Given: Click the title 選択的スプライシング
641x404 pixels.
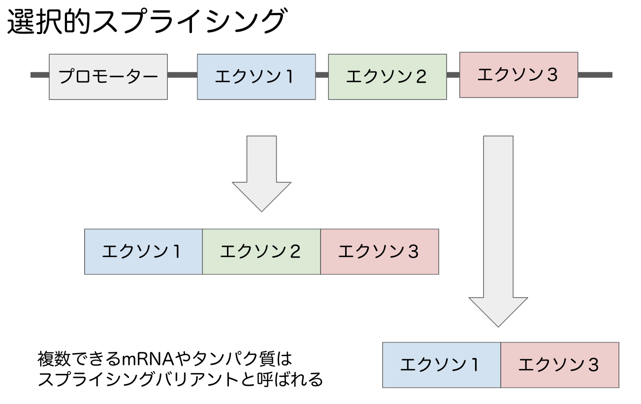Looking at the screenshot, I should pyautogui.click(x=146, y=22).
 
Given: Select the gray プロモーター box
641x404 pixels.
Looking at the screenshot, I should pyautogui.click(x=108, y=77).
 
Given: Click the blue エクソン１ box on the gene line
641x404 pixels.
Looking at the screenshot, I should pyautogui.click(x=256, y=77).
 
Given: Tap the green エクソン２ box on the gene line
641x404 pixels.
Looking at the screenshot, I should pyautogui.click(x=387, y=77).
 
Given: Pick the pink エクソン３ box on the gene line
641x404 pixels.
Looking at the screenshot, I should pyautogui.click(x=518, y=75).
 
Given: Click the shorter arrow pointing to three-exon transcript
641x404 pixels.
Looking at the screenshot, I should pyautogui.click(x=261, y=172).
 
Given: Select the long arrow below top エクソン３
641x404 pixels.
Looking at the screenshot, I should pyautogui.click(x=498, y=232).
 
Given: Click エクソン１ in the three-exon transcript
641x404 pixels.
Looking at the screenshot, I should pyautogui.click(x=143, y=252).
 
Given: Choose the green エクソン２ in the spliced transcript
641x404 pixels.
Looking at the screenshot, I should pyautogui.click(x=261, y=252).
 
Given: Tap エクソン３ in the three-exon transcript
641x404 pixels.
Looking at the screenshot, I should pyautogui.click(x=380, y=252).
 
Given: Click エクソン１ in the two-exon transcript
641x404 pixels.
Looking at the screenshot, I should pyautogui.click(x=442, y=365).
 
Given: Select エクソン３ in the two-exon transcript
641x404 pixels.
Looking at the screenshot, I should pyautogui.click(x=560, y=365).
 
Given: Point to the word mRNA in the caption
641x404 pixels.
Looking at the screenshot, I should pyautogui.click(x=142, y=359).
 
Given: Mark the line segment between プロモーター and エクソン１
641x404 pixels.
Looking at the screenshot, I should pyautogui.click(x=182, y=75).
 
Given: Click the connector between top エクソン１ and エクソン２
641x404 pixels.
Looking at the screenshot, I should pyautogui.click(x=322, y=75).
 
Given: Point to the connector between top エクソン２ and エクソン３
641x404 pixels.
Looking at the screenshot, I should pyautogui.click(x=453, y=75).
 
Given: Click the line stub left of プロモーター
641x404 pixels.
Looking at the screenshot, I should pyautogui.click(x=40, y=75).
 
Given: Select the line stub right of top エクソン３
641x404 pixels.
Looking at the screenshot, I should pyautogui.click(x=595, y=75).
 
